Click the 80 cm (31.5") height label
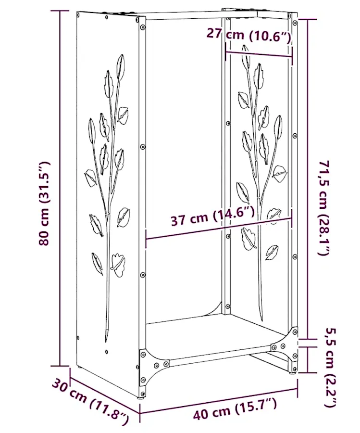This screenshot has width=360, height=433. pos(44,204)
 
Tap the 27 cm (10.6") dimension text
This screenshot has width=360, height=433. pos(249,35)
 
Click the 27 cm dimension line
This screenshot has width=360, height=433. pos(259,54)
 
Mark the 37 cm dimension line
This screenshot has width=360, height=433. pos(219,229)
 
